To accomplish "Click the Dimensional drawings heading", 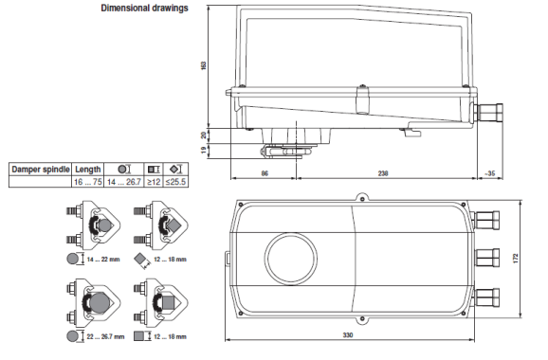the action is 144,8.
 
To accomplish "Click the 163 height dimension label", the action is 204,65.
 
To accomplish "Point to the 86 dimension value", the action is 265,173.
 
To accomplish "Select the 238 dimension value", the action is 383,173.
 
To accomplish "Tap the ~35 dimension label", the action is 489,173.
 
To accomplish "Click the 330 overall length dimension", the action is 348,334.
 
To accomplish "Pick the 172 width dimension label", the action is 516,258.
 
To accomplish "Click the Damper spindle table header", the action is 41,170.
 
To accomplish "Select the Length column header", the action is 88,170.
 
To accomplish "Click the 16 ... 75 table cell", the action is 88,182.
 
